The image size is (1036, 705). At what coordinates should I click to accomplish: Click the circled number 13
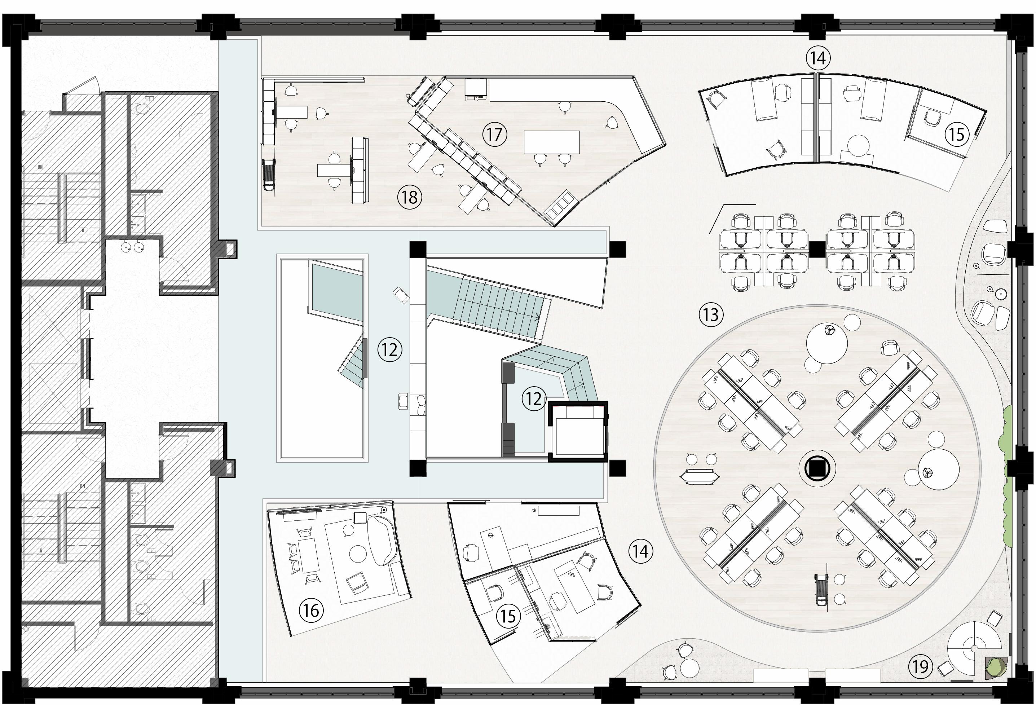(711, 315)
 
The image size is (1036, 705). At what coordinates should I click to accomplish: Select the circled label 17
(495, 134)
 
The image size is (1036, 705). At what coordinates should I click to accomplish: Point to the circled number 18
(410, 197)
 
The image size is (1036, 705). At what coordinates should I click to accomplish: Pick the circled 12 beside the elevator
(534, 398)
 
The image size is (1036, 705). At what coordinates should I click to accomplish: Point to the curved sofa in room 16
(383, 541)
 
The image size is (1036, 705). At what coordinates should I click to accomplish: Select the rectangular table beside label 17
(552, 142)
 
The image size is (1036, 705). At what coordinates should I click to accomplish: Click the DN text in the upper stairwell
(40, 167)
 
